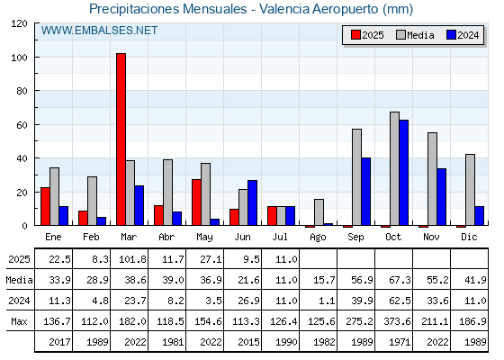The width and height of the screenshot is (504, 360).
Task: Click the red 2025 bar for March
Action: [x=121, y=139]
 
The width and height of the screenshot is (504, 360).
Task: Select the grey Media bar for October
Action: [x=395, y=168]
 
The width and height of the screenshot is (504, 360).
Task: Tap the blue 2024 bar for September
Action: [x=365, y=192]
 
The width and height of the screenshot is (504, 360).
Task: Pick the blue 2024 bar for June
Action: [x=252, y=202]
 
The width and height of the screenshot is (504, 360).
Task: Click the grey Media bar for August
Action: [x=319, y=212]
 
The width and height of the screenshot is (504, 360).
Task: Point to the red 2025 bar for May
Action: [x=196, y=202]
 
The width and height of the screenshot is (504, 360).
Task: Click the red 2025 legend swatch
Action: [x=355, y=35]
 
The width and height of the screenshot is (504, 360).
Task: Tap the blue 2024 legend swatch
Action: [x=451, y=35]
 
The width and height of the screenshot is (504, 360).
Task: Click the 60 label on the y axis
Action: [x=22, y=125]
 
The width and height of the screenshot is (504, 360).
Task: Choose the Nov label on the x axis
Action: [x=431, y=237]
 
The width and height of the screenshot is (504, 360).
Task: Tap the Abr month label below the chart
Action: [x=166, y=237]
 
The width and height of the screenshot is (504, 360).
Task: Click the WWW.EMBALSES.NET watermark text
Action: [x=99, y=31]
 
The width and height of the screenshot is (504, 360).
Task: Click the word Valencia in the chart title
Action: [x=284, y=9]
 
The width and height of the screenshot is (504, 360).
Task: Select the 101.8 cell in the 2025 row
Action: [x=132, y=259]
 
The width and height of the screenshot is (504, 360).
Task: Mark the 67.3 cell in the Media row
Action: [x=400, y=280]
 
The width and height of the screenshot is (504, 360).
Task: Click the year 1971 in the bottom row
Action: [x=400, y=342]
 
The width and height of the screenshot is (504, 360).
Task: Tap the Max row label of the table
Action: [x=19, y=321]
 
